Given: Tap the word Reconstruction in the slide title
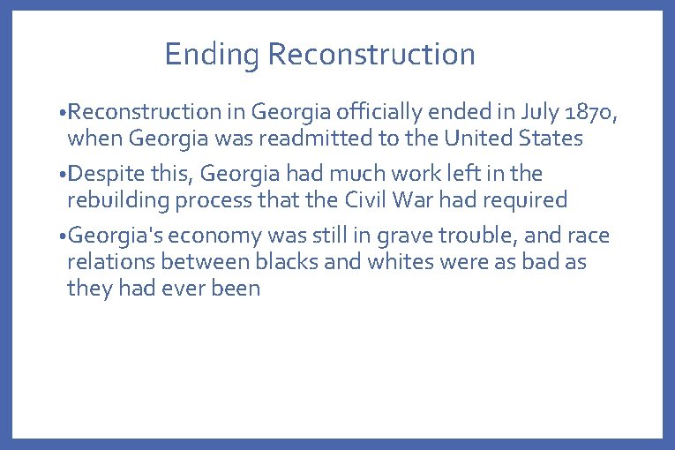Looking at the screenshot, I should tap(371, 55).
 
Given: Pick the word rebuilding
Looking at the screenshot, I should tap(118, 200).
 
